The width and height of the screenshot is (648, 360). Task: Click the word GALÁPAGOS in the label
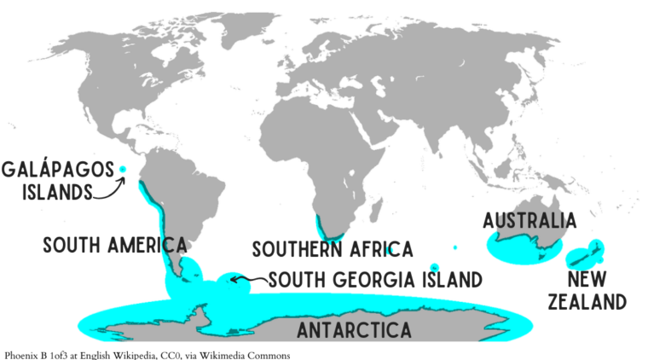tap(57, 170)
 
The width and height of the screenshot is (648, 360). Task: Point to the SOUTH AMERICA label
tap(115, 246)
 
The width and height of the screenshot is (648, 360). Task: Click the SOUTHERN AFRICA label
tap(332, 249)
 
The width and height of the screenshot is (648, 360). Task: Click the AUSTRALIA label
tap(529, 221)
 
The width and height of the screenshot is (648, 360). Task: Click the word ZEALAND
tap(587, 302)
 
